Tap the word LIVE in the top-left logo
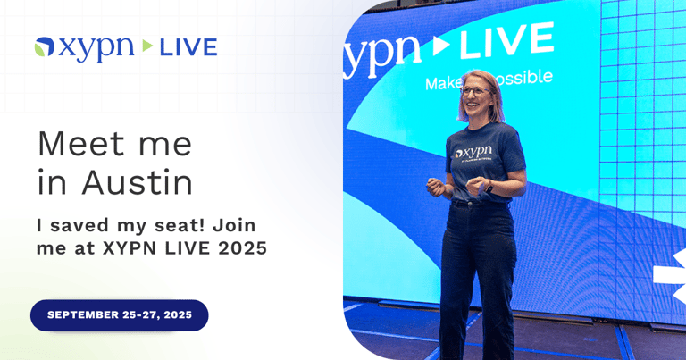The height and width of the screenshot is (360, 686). pyautogui.click(x=188, y=47)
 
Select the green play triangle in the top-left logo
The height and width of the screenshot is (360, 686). pyautogui.click(x=147, y=47)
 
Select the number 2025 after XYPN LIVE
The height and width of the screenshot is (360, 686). pyautogui.click(x=243, y=248)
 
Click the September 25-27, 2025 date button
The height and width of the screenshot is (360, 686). pyautogui.click(x=119, y=315)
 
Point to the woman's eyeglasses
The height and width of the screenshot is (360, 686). pyautogui.click(x=473, y=90)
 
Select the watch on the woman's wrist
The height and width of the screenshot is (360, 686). pyautogui.click(x=488, y=188)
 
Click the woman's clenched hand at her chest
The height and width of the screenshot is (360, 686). pyautogui.click(x=437, y=186)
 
